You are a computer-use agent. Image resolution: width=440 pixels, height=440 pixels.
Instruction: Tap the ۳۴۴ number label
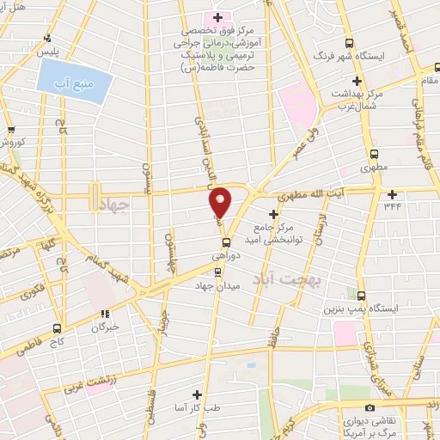393,205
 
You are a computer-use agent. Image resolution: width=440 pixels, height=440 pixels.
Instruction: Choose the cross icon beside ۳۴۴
393,193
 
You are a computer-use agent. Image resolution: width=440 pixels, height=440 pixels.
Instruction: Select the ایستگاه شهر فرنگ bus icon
348,43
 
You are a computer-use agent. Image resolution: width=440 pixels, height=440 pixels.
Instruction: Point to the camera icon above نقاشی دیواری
370,406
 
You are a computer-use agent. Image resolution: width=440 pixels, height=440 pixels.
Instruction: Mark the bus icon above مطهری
373,153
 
